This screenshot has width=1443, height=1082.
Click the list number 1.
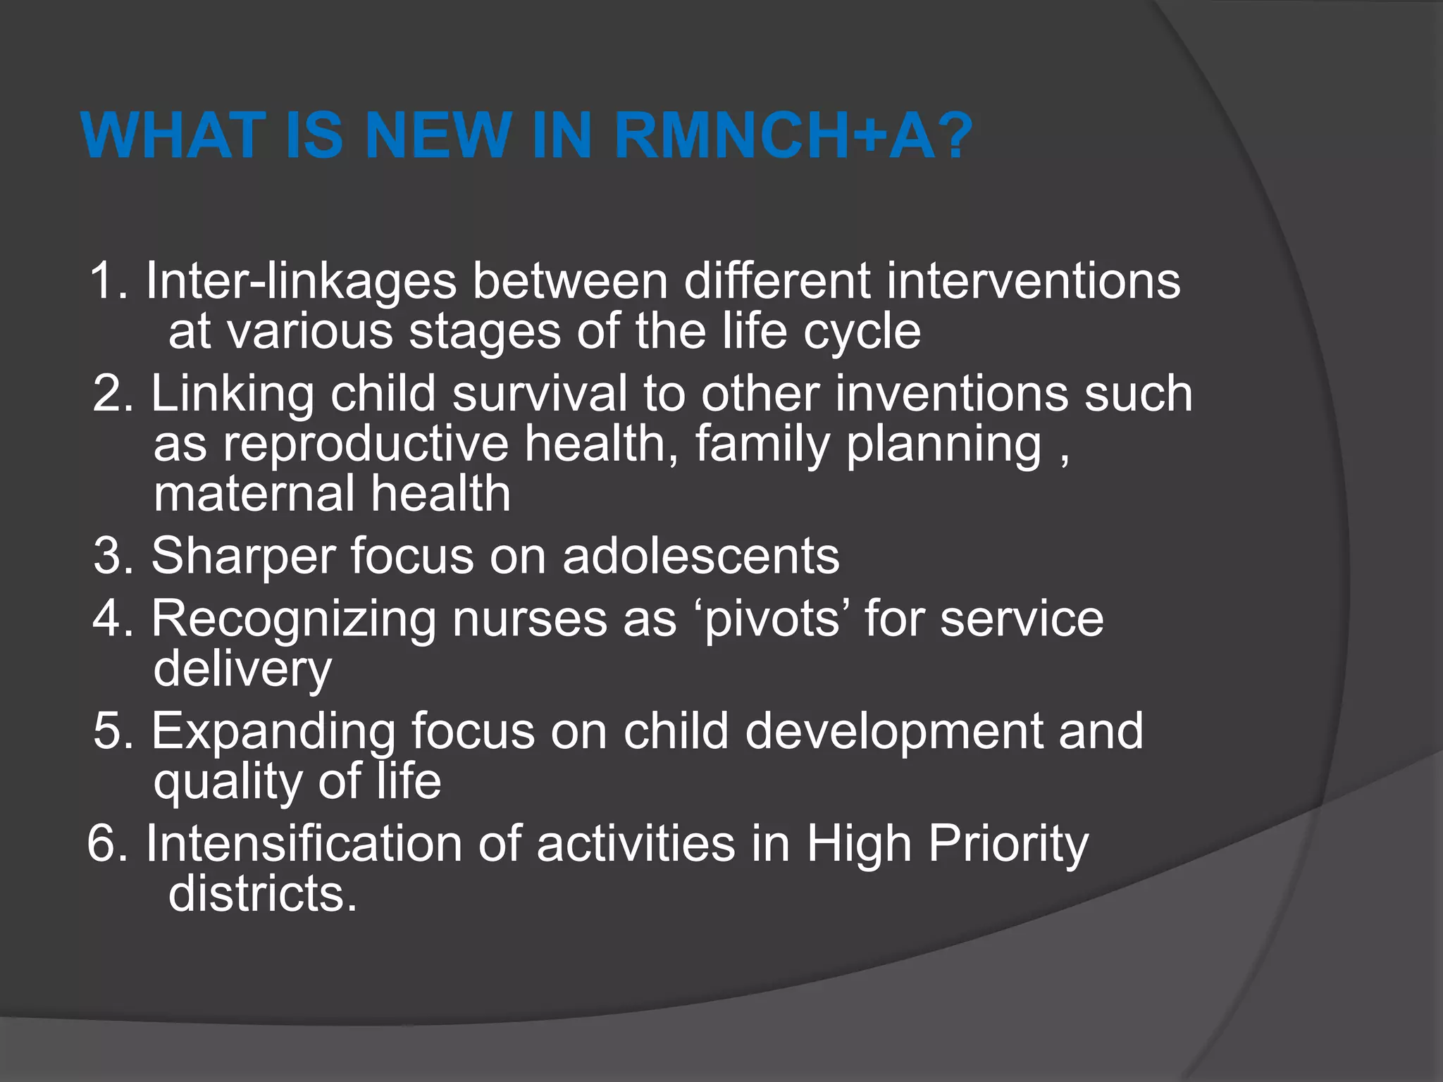click(x=106, y=281)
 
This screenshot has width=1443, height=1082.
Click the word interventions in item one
click(x=1033, y=281)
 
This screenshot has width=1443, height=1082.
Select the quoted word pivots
click(x=772, y=620)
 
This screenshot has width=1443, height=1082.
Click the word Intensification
click(x=304, y=843)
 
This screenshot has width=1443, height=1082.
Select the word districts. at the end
click(x=262, y=894)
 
